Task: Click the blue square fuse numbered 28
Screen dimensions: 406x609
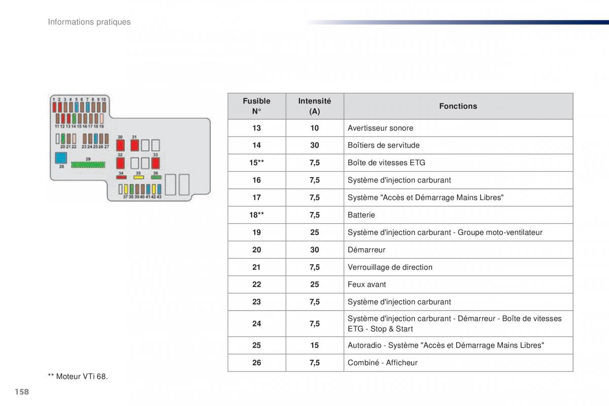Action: [x=61, y=157]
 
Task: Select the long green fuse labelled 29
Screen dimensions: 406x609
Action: [x=88, y=164]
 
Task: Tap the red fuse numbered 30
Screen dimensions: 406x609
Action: [x=120, y=145]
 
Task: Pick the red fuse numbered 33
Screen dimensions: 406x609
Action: [x=155, y=163]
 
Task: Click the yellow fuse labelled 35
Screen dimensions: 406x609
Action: [x=138, y=178]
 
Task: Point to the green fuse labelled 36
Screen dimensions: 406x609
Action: [x=155, y=178]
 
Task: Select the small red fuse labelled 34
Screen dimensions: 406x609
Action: [x=121, y=178]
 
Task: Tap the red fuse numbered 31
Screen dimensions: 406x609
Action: [x=134, y=145]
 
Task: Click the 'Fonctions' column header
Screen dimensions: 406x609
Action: [x=458, y=106]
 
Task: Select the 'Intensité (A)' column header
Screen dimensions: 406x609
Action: [x=315, y=106]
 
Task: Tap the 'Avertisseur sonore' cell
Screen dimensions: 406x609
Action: [x=381, y=128]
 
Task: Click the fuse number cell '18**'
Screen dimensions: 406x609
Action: [x=256, y=215]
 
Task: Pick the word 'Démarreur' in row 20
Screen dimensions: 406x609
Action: [x=366, y=250]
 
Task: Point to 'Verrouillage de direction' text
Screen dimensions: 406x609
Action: [x=390, y=267]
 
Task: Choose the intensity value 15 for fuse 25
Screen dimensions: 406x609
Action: [x=315, y=345]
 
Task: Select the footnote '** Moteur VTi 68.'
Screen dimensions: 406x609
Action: [x=78, y=376]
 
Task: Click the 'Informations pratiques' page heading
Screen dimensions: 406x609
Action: [x=89, y=22]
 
